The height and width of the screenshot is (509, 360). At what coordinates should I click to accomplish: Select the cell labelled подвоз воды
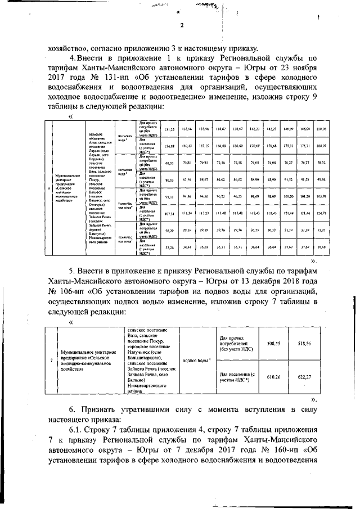click(197, 359)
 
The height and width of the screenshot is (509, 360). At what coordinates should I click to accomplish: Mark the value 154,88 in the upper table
click(169, 146)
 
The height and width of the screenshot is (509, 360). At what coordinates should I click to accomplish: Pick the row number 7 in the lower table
click(52, 359)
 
